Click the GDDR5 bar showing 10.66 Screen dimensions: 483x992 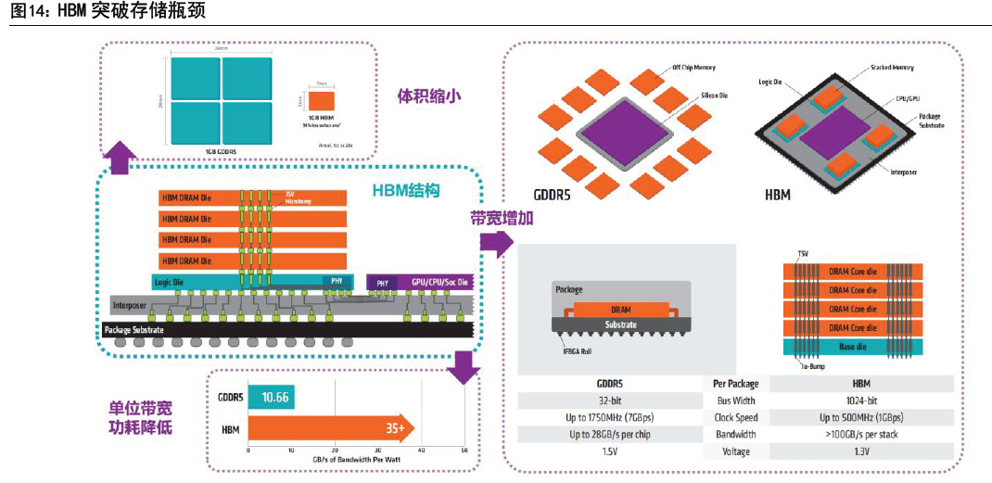271,397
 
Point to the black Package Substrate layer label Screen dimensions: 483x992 134,329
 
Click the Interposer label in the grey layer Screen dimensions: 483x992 130,305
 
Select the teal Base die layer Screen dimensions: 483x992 852,347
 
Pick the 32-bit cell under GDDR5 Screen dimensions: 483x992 608,400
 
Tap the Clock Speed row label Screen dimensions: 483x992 736,417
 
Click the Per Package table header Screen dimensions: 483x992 736,383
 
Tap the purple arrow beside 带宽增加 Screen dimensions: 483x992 497,244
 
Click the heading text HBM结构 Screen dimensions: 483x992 405,191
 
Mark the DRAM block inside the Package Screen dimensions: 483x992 620,310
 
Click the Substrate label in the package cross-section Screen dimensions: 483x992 621,324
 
